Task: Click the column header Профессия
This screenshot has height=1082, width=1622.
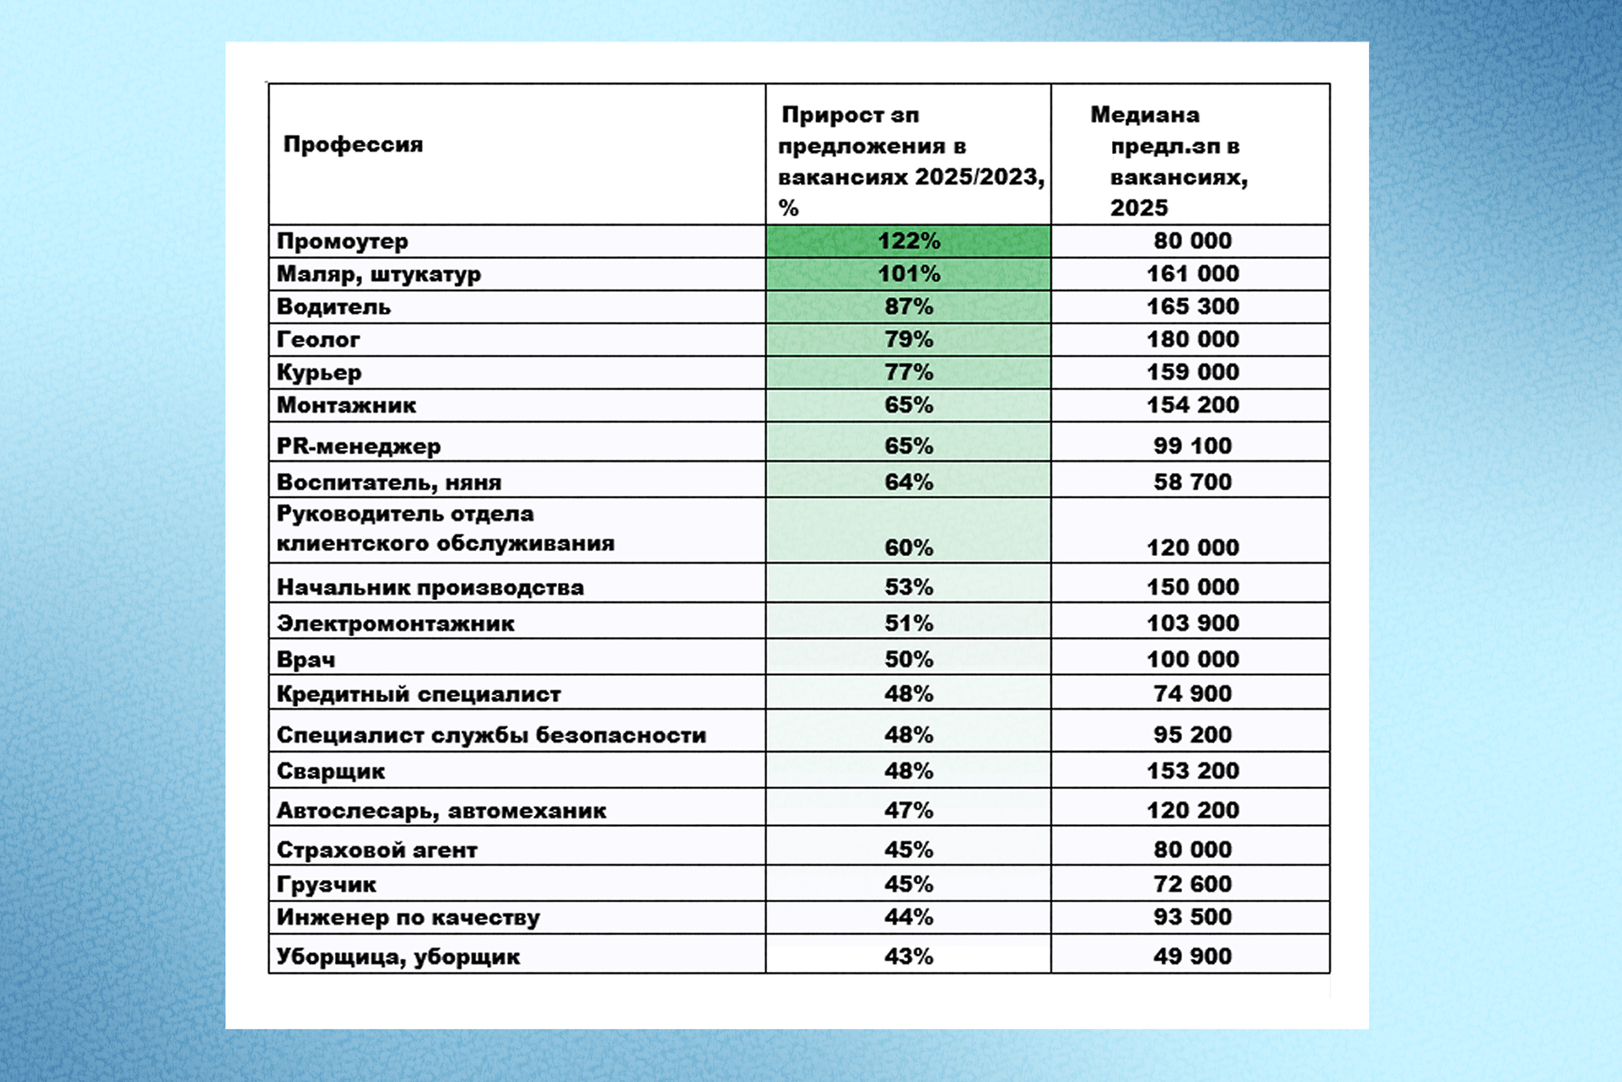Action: pos(353,145)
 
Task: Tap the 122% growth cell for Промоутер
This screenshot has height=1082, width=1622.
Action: pos(908,241)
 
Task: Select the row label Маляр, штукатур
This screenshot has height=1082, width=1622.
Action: pos(378,274)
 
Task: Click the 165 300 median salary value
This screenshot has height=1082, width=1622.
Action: pos(1192,306)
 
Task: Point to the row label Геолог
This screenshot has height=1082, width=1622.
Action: pos(318,340)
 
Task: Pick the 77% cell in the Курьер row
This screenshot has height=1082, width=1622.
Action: pos(908,372)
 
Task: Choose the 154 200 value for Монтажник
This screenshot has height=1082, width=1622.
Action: pos(1192,405)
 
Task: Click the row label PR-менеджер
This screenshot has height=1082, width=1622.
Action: pos(358,446)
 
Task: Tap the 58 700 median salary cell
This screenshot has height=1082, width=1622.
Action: pos(1192,481)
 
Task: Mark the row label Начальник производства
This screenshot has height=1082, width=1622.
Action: pos(430,587)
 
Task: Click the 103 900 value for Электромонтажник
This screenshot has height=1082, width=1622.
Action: pos(1192,623)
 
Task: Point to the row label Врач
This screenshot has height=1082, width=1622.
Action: pos(305,659)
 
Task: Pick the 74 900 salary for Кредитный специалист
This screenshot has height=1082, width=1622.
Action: pos(1192,694)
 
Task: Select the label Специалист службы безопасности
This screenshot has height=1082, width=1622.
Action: pos(491,735)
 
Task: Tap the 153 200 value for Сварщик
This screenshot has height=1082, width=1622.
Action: pos(1192,771)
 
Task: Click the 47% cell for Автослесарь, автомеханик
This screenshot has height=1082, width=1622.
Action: pos(908,810)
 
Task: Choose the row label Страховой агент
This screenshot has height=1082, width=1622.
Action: pos(376,849)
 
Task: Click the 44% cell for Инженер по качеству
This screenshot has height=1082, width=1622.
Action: pos(908,917)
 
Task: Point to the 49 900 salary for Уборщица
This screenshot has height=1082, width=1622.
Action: pos(1192,956)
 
